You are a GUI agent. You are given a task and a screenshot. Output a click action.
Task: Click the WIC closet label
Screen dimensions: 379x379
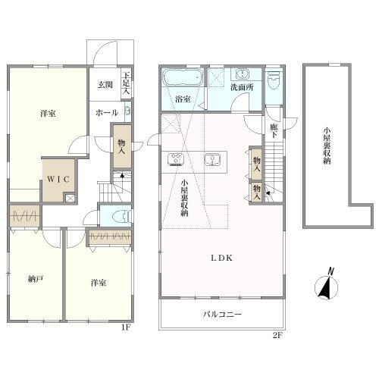tap(58, 179)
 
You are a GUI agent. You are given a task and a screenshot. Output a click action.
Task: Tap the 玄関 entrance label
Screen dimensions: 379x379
tap(105, 85)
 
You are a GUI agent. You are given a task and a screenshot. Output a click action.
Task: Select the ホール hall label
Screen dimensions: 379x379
tap(107, 113)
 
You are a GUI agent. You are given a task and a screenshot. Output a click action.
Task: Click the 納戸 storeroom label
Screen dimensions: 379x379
tap(36, 279)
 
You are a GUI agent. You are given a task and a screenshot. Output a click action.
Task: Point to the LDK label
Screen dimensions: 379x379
tap(221, 258)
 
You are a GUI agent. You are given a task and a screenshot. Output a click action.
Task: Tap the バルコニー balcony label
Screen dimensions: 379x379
tap(223, 315)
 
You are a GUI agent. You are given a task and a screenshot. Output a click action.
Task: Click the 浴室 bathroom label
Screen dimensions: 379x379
tap(183, 99)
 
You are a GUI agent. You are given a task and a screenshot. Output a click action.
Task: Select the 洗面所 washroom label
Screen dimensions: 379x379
tap(242, 87)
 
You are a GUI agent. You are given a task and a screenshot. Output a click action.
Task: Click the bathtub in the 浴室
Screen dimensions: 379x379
tap(183, 77)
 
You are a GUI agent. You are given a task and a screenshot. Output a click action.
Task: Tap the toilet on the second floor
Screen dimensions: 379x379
tap(274, 80)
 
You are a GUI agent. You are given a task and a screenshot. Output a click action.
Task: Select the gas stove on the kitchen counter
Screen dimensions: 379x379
tap(176, 159)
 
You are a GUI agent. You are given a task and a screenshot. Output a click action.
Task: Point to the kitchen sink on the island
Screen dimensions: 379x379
tap(212, 159)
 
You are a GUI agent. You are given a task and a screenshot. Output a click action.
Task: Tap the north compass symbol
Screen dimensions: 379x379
tap(327, 284)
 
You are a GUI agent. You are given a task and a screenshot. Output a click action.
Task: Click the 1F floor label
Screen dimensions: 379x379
tap(126, 327)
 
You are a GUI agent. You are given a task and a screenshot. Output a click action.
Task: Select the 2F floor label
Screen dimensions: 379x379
tap(277, 336)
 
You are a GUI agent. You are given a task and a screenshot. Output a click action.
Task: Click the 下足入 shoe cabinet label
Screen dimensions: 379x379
tap(126, 83)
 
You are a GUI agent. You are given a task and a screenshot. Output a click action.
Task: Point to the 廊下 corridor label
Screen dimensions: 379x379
tap(274, 131)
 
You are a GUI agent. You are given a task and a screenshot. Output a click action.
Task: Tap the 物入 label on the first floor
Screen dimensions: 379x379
tap(122, 147)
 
